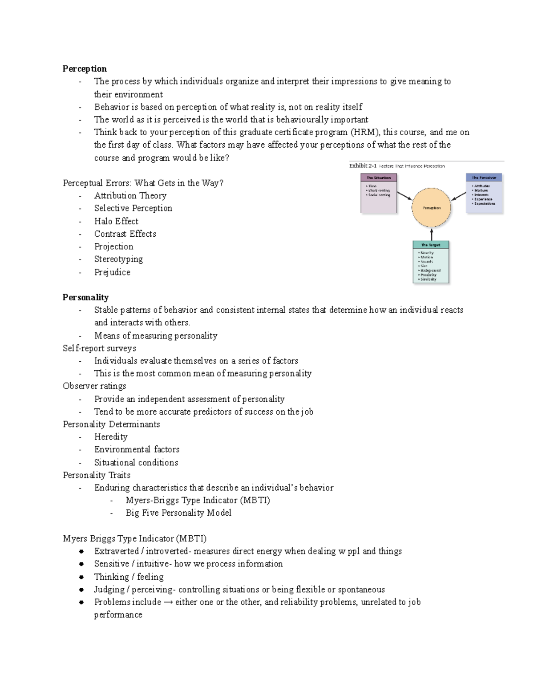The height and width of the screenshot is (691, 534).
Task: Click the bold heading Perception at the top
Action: (85, 69)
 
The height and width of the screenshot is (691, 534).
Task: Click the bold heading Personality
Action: (85, 297)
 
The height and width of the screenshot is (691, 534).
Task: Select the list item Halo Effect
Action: (116, 221)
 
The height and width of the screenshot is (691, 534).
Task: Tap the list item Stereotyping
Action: (118, 259)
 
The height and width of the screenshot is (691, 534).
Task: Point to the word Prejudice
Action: (112, 272)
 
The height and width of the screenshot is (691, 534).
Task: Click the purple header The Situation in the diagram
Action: (378, 178)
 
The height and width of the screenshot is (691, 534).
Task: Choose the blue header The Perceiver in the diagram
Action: (484, 178)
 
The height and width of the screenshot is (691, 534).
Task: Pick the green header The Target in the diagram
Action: (430, 245)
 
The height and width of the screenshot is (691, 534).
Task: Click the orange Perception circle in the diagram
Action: (431, 208)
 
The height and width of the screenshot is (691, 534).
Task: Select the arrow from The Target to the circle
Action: (431, 234)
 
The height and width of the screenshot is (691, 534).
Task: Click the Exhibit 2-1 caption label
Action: (364, 166)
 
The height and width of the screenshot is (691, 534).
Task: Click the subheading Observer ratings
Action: (94, 386)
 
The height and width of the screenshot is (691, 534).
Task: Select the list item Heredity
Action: (111, 437)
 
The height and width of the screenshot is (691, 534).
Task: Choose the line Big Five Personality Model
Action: (178, 513)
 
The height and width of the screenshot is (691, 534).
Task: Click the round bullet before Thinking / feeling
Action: (81, 577)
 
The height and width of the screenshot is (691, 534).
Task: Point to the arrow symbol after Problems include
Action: (168, 602)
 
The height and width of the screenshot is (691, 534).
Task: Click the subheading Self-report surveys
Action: (99, 348)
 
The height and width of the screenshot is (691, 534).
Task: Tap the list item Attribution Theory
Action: (130, 196)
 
